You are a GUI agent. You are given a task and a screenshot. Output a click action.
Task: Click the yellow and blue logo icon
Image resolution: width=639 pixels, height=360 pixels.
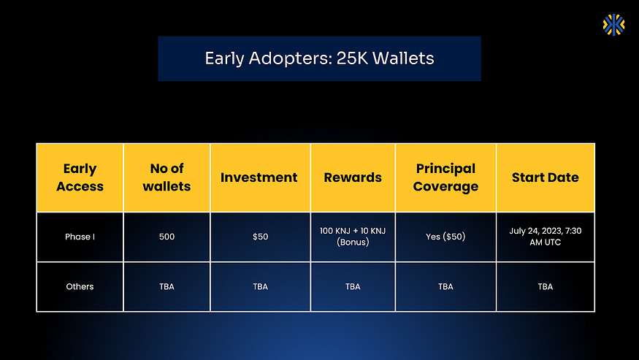click(613, 25)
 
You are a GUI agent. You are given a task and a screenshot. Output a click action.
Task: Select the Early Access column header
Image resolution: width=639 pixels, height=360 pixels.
click(80, 177)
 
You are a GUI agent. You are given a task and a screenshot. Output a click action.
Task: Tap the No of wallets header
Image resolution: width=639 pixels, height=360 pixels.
click(167, 177)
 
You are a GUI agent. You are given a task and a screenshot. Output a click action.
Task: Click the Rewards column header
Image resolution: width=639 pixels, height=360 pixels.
click(353, 177)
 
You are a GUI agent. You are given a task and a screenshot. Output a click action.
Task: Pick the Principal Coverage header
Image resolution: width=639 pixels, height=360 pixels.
click(445, 177)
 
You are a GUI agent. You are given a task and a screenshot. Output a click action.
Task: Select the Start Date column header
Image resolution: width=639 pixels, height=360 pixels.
click(546, 177)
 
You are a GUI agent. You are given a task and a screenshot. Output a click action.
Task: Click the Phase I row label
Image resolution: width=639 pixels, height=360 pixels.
click(80, 237)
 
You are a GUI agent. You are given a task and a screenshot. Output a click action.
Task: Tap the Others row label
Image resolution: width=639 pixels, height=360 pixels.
click(80, 287)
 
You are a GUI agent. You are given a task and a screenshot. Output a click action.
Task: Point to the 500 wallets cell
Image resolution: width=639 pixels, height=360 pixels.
click(167, 237)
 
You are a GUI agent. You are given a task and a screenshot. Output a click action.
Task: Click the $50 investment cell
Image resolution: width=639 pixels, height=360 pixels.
click(261, 237)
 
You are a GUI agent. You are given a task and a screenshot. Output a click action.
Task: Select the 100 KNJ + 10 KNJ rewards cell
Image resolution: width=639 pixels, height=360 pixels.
click(353, 237)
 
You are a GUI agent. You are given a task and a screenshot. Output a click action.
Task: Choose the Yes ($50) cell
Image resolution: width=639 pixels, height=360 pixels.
click(445, 237)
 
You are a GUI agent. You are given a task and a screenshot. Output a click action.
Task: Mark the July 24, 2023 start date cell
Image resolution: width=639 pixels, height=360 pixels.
click(546, 237)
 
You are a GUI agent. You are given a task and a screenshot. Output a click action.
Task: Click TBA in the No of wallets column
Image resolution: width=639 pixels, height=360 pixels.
click(167, 287)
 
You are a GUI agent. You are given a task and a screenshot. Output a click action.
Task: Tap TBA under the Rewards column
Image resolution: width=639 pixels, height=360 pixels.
click(353, 287)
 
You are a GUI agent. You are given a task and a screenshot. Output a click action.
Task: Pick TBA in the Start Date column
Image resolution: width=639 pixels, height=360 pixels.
click(546, 287)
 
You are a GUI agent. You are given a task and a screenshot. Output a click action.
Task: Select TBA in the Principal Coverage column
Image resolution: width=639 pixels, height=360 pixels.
click(445, 287)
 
